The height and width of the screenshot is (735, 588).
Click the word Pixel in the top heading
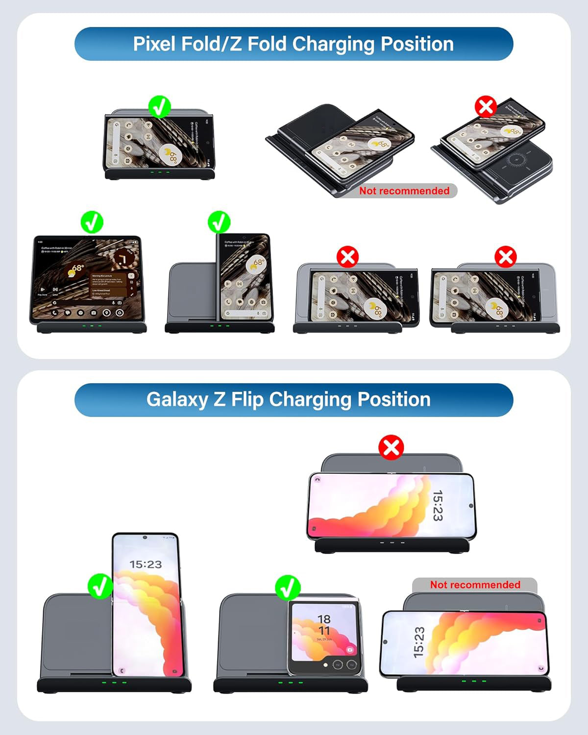pos(154,44)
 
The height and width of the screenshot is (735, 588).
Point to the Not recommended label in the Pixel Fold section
pos(404,191)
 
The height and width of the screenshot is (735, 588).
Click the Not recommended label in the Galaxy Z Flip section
pos(475,585)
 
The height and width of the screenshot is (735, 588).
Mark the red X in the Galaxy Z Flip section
pos(391,447)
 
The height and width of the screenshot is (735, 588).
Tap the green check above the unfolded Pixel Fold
pos(92,222)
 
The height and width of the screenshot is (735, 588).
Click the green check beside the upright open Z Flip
pos(100,587)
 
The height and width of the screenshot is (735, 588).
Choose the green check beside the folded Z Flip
pos(287,588)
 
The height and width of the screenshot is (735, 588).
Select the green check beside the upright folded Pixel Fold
pos(219,222)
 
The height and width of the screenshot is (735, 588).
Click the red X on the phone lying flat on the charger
pos(486,106)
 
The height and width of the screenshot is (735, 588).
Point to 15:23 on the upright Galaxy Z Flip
pos(146,564)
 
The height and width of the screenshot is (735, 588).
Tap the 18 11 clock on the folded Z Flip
pos(324,625)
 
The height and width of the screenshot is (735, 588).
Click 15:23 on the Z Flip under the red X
pos(438,505)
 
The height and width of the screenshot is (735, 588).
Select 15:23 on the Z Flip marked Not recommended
pos(418,642)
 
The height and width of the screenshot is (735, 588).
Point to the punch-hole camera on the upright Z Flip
pos(145,538)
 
